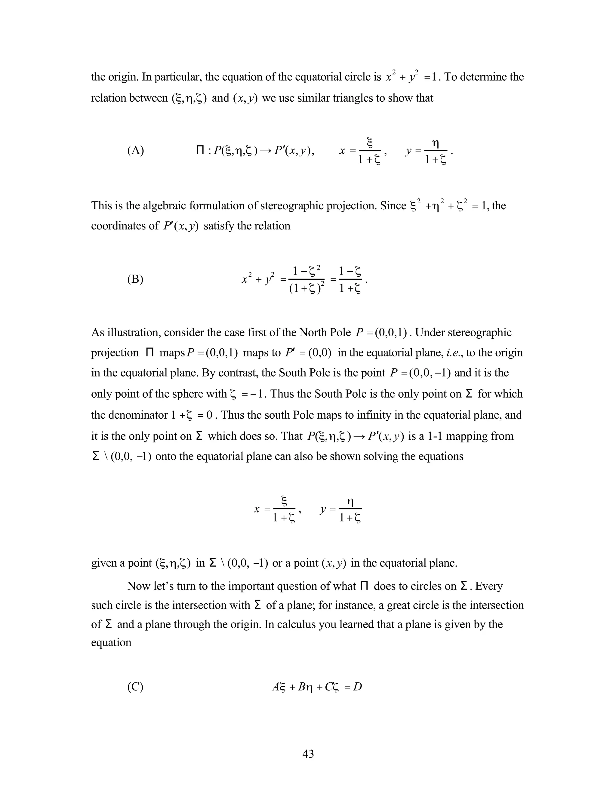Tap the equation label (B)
click(135, 279)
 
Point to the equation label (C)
click(135, 687)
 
